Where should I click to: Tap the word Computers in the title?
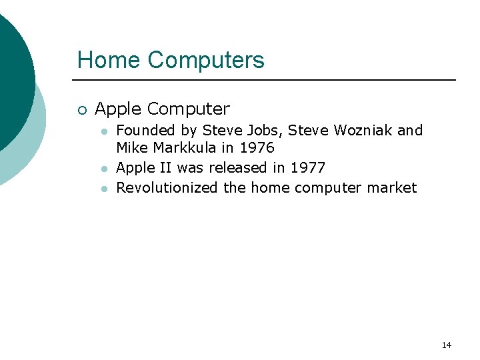coord(206,61)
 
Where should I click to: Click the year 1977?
coord(307,167)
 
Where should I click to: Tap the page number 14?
coord(446,345)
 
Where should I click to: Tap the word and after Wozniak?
coord(410,130)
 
